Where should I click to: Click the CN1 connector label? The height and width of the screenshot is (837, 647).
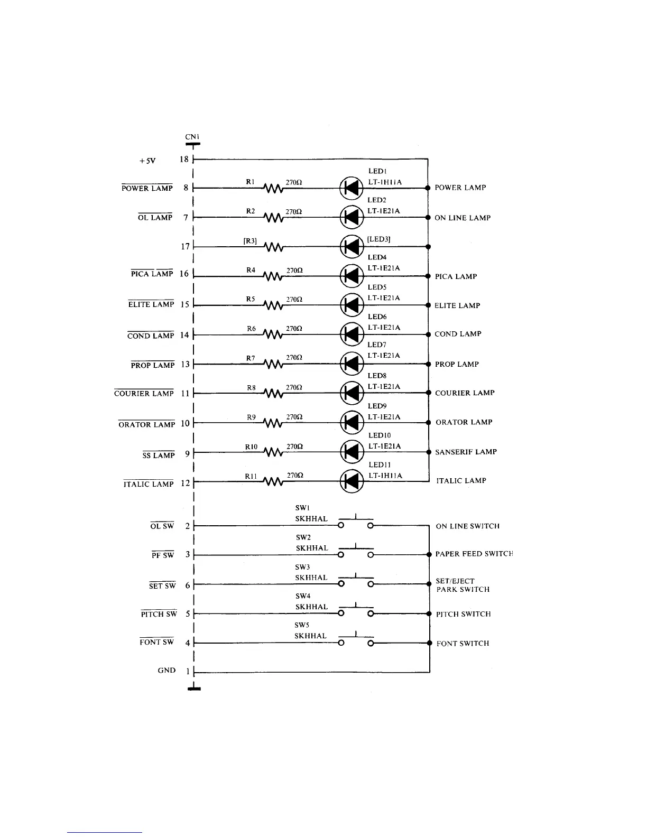point(192,137)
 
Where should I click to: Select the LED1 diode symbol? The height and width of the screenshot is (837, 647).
point(351,188)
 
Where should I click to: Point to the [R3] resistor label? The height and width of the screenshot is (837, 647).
point(250,241)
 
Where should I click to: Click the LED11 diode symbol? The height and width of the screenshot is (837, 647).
point(351,481)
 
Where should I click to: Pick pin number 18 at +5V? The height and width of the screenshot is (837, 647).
point(184,160)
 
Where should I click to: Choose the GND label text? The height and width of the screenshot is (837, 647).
point(167,671)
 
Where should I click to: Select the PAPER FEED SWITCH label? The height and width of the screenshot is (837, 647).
point(474,554)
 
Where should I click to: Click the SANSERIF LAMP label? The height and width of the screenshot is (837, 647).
point(466,452)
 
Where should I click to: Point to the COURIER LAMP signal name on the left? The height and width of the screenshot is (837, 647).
point(144,394)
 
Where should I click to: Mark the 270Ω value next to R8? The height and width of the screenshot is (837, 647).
point(294,387)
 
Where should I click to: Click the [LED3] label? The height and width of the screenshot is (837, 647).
point(379,239)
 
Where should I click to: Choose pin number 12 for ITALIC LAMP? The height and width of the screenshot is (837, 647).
point(185,483)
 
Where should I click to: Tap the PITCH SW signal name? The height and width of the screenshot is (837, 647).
point(159,614)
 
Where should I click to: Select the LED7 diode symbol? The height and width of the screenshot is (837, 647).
point(351,364)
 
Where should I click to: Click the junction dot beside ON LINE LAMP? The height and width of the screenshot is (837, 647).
point(428,217)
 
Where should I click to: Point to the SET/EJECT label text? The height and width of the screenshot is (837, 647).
point(455,581)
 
